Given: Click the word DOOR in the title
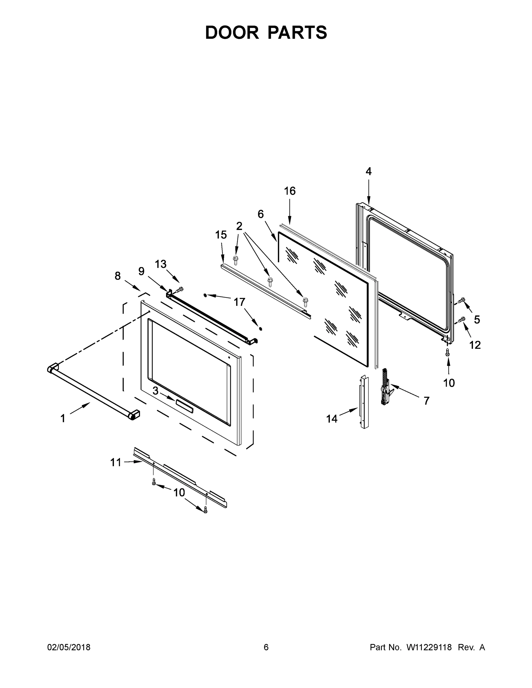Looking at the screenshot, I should click(232, 32).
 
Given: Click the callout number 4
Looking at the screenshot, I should click(369, 171).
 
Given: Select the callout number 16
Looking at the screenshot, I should click(290, 191).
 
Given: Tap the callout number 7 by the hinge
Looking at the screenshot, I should click(426, 401).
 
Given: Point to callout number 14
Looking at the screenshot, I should click(332, 419).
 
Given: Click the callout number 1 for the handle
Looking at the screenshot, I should click(63, 418).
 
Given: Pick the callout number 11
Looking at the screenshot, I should click(116, 462).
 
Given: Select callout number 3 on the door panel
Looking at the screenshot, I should click(155, 391).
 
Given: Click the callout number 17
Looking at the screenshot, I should click(239, 302).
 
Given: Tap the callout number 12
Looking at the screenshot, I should click(475, 345).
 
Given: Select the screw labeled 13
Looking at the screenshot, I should click(180, 289).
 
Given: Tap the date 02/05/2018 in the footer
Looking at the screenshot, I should click(69, 647).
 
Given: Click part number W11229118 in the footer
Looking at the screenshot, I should click(429, 647).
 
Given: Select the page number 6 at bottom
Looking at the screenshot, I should click(266, 647).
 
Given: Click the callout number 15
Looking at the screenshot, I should click(221, 235).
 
